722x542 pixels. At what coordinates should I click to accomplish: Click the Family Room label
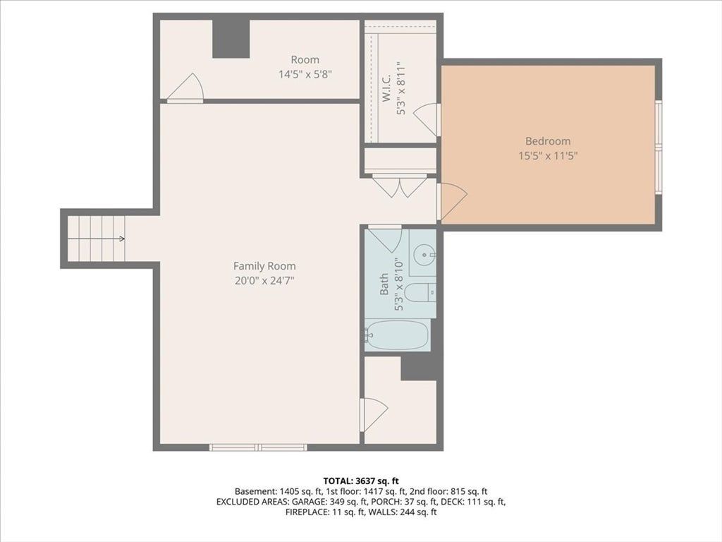[x=264, y=266]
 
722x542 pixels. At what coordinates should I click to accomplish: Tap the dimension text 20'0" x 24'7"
[x=264, y=280]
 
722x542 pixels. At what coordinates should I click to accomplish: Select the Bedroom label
[x=548, y=141]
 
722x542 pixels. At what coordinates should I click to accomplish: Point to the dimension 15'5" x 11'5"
[x=548, y=155]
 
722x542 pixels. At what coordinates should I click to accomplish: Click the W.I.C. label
[x=386, y=88]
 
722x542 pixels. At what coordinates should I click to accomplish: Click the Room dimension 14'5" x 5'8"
[x=305, y=73]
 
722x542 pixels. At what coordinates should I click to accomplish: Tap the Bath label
[x=384, y=284]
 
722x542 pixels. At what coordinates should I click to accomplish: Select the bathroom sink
[x=424, y=255]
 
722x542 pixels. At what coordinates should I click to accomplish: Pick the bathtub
[x=397, y=335]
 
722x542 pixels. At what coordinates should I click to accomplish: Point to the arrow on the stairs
[x=96, y=239]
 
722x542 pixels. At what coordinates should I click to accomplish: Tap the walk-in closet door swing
[x=427, y=119]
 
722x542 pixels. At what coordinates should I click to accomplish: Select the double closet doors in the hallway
[x=400, y=186]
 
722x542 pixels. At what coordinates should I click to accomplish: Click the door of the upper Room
[x=185, y=87]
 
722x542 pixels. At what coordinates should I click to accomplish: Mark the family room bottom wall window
[x=258, y=447]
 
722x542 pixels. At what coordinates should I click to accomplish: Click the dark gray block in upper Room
[x=231, y=39]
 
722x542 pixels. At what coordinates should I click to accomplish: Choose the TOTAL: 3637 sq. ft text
[x=361, y=481]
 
